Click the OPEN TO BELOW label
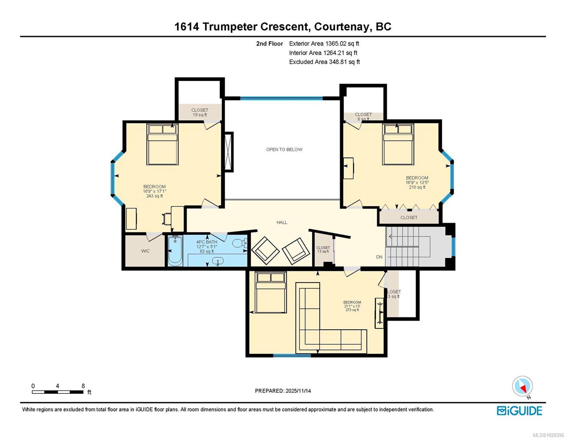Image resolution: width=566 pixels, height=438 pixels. pos(284,150)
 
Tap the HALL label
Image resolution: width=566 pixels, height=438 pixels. pos(282,222)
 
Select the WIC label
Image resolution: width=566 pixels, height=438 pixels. pos(145,251)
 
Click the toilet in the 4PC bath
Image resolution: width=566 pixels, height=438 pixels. pos(239,243)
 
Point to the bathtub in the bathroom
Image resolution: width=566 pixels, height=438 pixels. pos(175,250)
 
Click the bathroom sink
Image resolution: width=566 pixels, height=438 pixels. pos(218,261)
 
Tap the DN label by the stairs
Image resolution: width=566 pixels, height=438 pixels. pos(379,257)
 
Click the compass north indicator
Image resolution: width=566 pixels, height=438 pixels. pos(522,386)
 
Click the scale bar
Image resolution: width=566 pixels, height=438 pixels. pos(58,392)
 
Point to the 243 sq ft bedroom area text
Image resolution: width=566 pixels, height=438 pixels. pos(155,196)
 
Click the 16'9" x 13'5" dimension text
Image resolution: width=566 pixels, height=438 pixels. pos(417,182)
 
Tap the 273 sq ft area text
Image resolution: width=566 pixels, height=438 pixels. pos(352,310)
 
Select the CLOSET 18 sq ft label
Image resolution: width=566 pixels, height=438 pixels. pos(200,112)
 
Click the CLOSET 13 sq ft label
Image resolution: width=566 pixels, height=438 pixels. pos(323,249)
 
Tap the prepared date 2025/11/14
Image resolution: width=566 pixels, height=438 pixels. pos(298,391)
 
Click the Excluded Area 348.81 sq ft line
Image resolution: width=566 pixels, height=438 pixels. pos(324,62)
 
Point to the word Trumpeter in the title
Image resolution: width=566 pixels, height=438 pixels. pos(230,27)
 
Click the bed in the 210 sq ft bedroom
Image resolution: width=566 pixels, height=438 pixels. pos(398,144)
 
